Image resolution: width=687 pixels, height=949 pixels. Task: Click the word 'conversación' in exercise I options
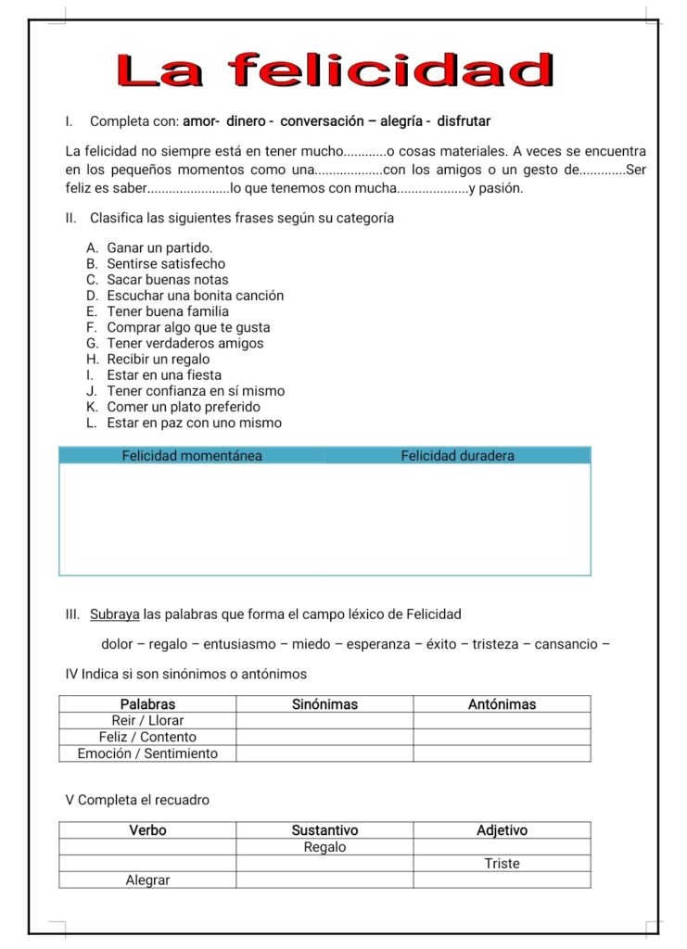pyautogui.click(x=322, y=121)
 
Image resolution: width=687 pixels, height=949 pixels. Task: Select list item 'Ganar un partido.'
pyautogui.click(x=159, y=248)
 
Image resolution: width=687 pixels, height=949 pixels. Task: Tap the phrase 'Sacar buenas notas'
pyautogui.click(x=167, y=280)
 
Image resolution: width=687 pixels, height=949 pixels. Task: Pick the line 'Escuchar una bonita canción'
pyautogui.click(x=195, y=296)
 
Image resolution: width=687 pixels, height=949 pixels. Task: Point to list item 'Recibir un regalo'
pyautogui.click(x=158, y=360)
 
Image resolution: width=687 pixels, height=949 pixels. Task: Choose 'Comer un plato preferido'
pyautogui.click(x=184, y=407)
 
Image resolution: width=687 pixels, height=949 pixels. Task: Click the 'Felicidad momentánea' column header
pyautogui.click(x=192, y=456)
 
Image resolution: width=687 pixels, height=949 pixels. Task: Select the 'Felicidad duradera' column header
pyautogui.click(x=457, y=456)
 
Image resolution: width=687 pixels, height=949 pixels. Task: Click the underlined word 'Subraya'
pyautogui.click(x=115, y=614)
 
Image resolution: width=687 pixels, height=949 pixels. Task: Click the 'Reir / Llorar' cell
pyautogui.click(x=147, y=721)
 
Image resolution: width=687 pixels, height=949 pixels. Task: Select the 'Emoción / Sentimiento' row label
pyautogui.click(x=147, y=754)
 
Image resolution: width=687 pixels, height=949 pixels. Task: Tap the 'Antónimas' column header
pyautogui.click(x=502, y=704)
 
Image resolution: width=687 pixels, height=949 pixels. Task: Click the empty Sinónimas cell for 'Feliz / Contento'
pyautogui.click(x=324, y=738)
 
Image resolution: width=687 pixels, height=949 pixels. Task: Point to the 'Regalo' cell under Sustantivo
pyautogui.click(x=324, y=847)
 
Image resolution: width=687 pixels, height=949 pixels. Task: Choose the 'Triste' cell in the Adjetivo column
pyautogui.click(x=502, y=864)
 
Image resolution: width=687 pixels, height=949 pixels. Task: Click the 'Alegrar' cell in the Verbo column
pyautogui.click(x=147, y=880)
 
